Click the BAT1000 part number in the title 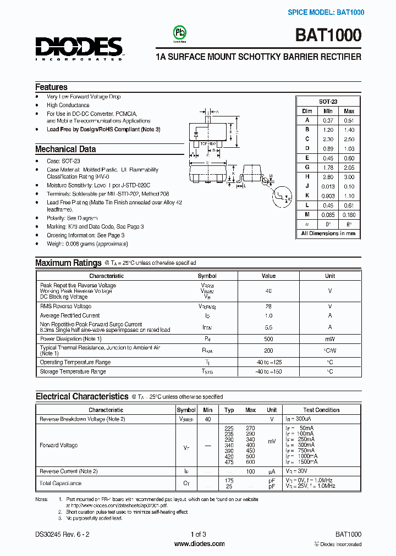click(x=328, y=36)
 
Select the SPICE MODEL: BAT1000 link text click(x=326, y=12)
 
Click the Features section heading click(x=51, y=87)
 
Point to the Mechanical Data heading click(x=65, y=149)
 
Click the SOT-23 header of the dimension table click(x=328, y=102)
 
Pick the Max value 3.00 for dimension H click(x=349, y=177)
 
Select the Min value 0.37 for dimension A click(x=328, y=120)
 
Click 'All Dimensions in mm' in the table click(x=328, y=233)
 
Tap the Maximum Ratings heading click(x=68, y=263)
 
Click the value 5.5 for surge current click(x=268, y=327)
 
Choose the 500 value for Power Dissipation click(x=268, y=339)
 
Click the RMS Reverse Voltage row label click(x=65, y=306)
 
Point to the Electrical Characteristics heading click(x=81, y=396)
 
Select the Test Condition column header click(x=321, y=410)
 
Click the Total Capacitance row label click(x=61, y=483)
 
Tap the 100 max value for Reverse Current click(x=250, y=471)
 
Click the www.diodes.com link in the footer click(x=199, y=544)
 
